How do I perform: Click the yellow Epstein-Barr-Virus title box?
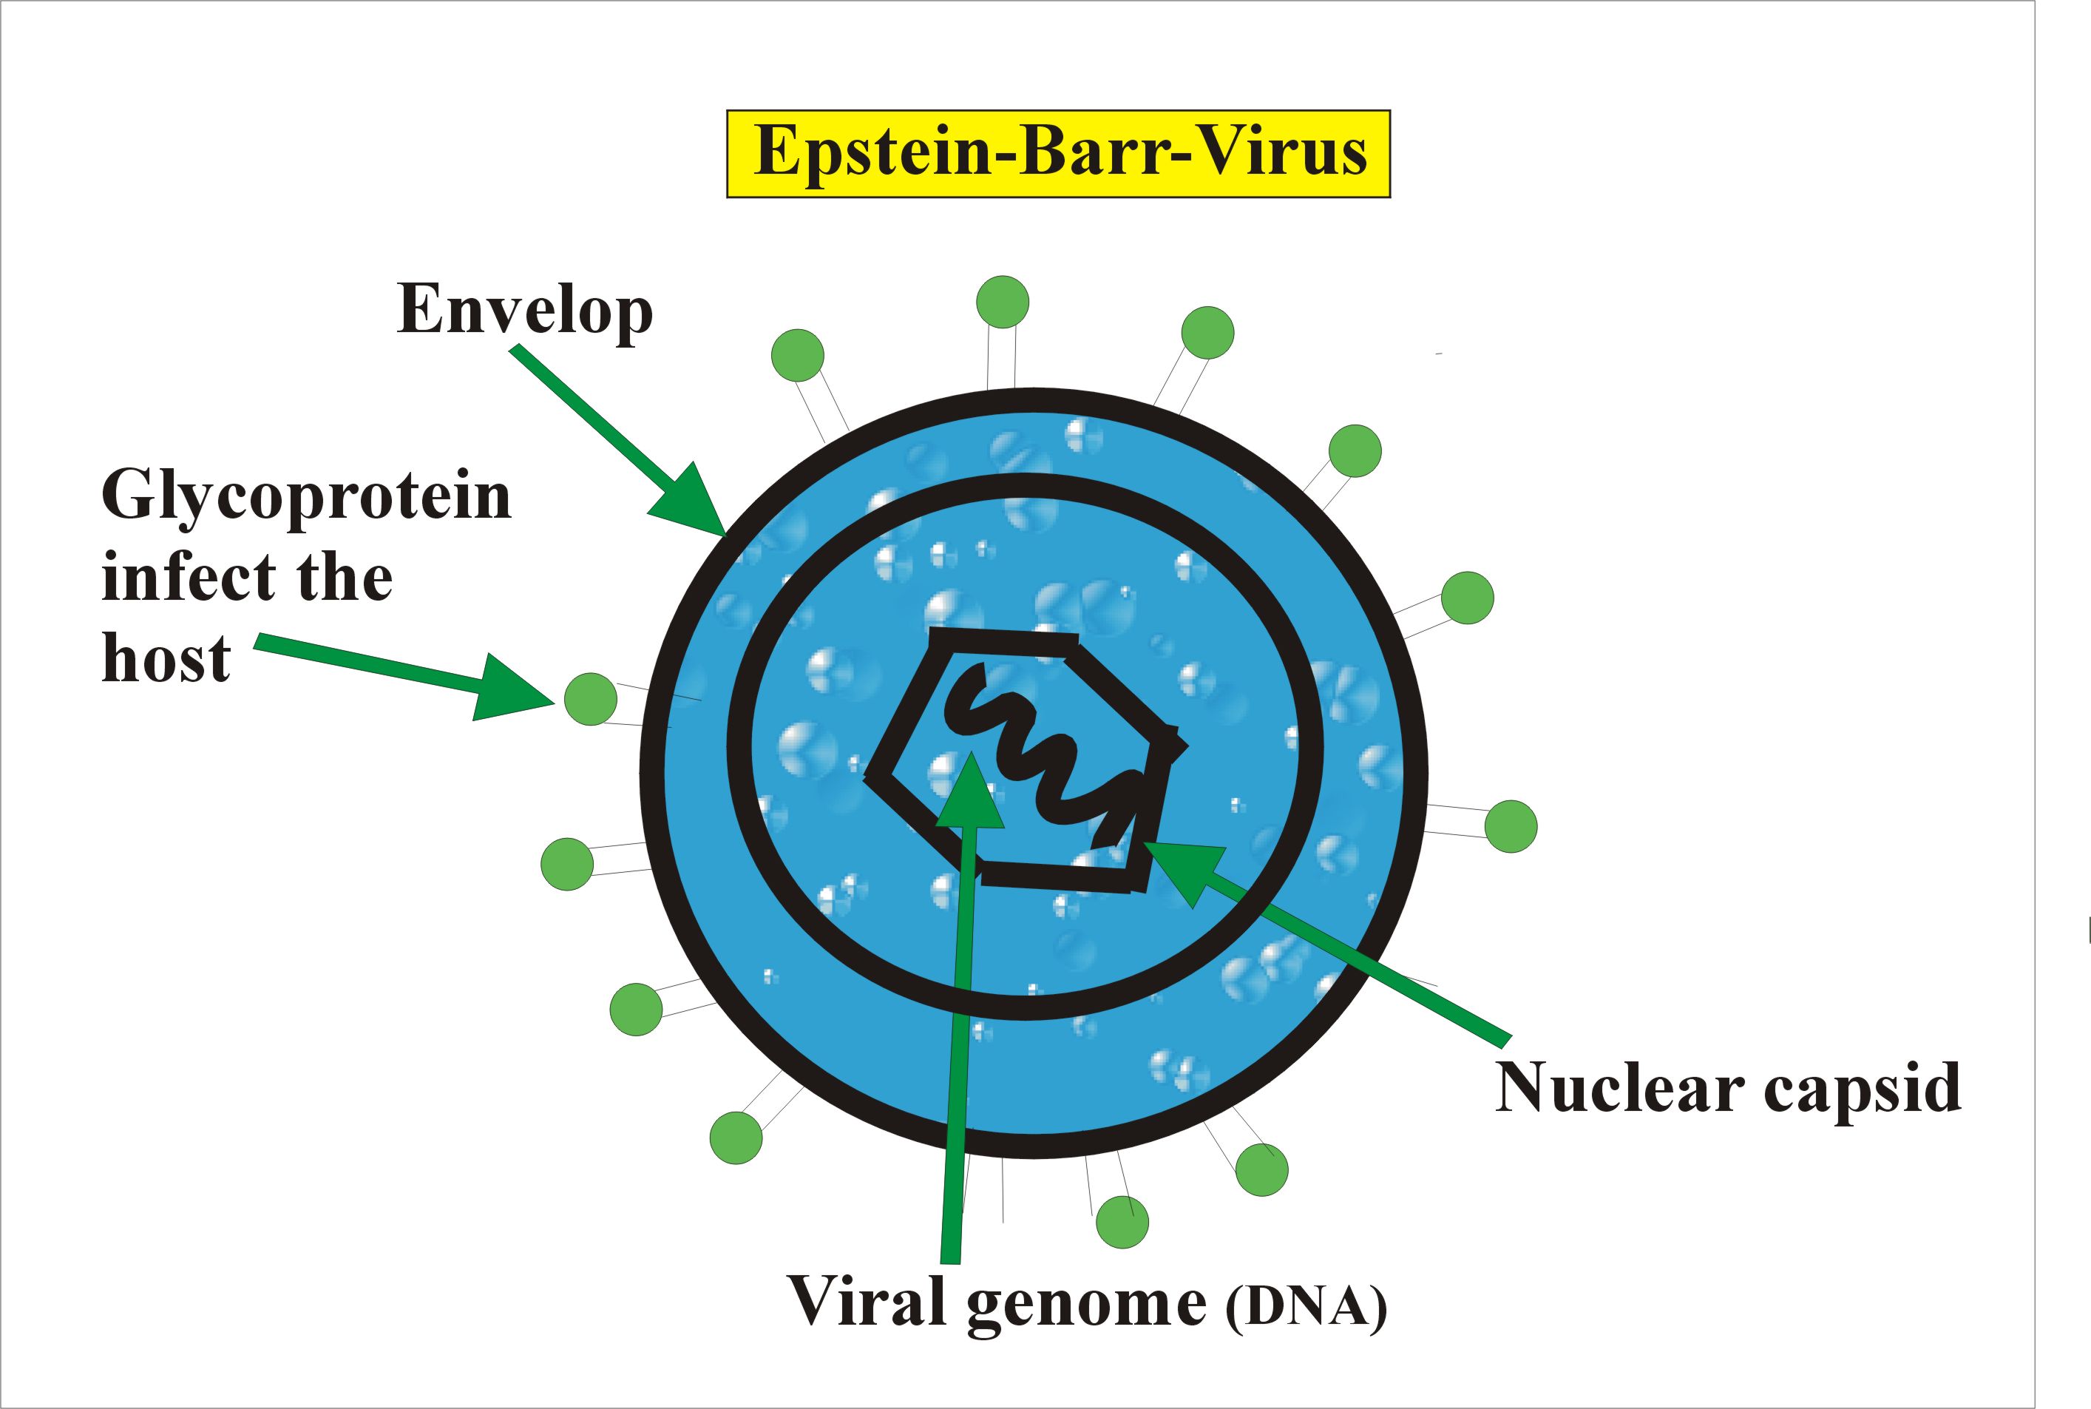pos(1057,154)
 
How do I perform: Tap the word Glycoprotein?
pos(306,496)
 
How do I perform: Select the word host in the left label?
pos(166,659)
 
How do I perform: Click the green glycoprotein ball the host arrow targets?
pos(590,698)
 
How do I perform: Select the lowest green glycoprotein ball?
pos(1122,1222)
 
